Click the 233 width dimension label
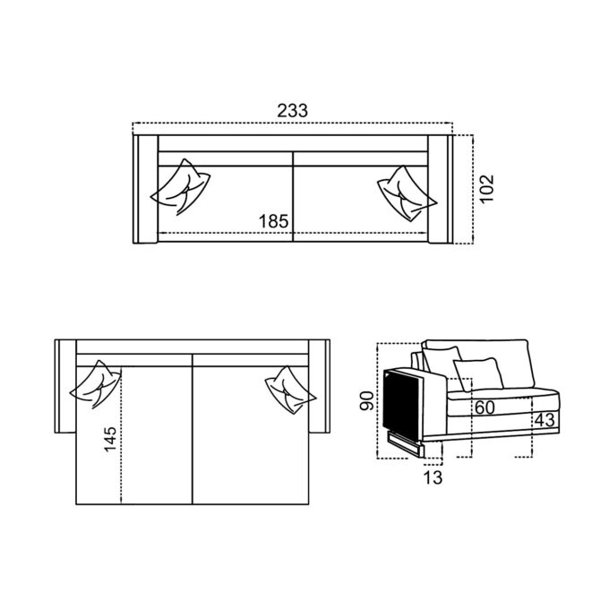[293, 111]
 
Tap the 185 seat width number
[274, 221]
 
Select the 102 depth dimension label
[486, 188]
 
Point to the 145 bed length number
[110, 439]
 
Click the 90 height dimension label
[367, 401]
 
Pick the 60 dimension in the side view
[485, 407]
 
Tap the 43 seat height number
[545, 420]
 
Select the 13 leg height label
[433, 477]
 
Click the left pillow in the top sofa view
[181, 187]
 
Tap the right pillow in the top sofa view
[407, 193]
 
